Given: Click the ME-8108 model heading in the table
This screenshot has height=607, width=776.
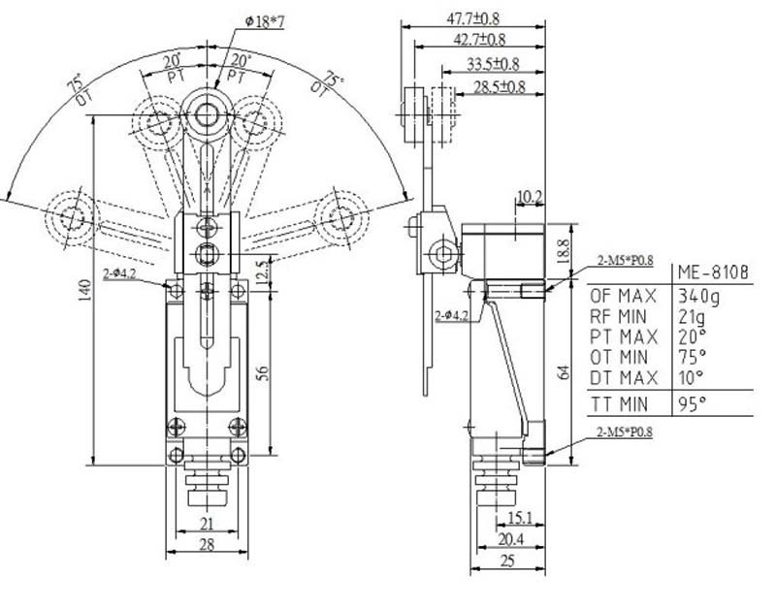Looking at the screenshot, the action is [713, 272].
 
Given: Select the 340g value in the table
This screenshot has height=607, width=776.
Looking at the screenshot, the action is [698, 297].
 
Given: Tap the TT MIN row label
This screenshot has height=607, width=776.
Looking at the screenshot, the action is [619, 404].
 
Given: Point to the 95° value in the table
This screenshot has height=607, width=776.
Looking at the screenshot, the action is [692, 404].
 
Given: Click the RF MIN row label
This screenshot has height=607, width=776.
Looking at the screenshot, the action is [618, 317].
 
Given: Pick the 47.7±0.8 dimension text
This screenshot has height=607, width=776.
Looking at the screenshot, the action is [473, 18].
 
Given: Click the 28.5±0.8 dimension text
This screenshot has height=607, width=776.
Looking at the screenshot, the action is [500, 87].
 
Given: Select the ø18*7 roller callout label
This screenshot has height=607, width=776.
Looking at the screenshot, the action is [265, 21].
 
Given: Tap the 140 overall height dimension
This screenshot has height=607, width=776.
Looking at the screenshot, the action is [84, 290].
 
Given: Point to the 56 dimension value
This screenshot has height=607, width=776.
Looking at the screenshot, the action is [263, 373].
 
